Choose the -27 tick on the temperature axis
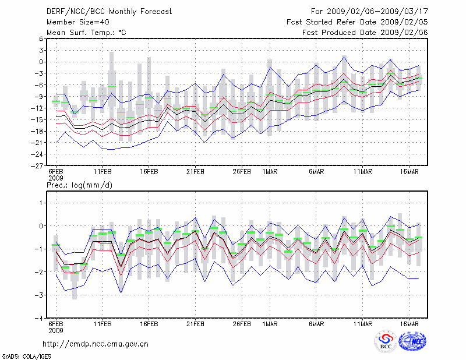tap(37, 165)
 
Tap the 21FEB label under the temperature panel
tap(195, 172)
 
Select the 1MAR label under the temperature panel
tap(269, 172)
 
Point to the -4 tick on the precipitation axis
tap(38, 319)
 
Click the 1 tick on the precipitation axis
tap(41, 203)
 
